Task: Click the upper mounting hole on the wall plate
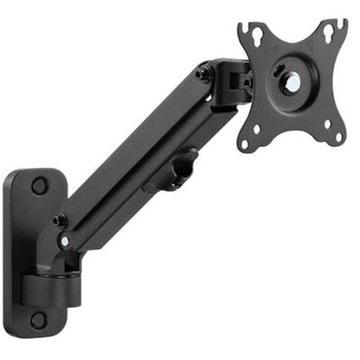click(39, 186)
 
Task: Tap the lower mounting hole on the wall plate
click(39, 319)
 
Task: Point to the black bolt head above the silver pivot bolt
click(59, 219)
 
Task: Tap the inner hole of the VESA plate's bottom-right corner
click(320, 123)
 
